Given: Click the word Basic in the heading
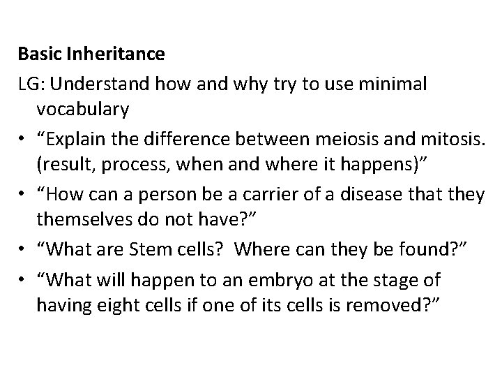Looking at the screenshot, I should [36, 53].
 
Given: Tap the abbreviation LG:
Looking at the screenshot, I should [31, 82].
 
